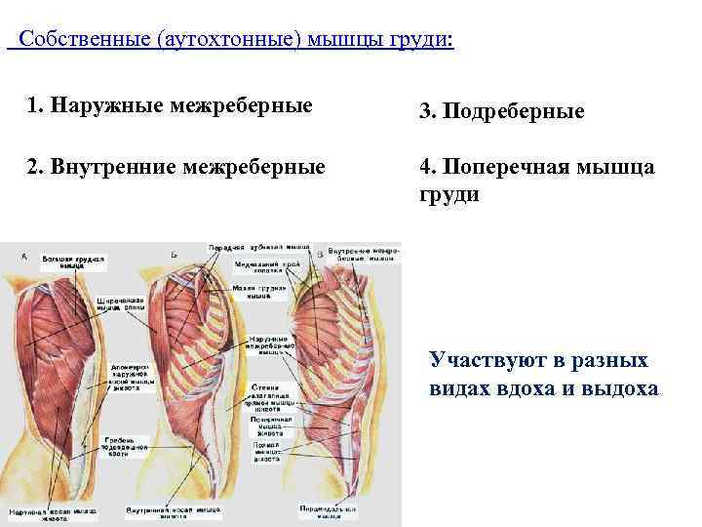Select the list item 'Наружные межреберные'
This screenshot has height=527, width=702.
181,104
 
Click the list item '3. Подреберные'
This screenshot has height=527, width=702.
502,112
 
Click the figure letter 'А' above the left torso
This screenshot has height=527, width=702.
23,256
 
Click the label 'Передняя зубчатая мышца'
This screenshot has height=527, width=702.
258,248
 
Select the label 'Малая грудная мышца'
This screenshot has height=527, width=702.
258,292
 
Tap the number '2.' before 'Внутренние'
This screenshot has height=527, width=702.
36,167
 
